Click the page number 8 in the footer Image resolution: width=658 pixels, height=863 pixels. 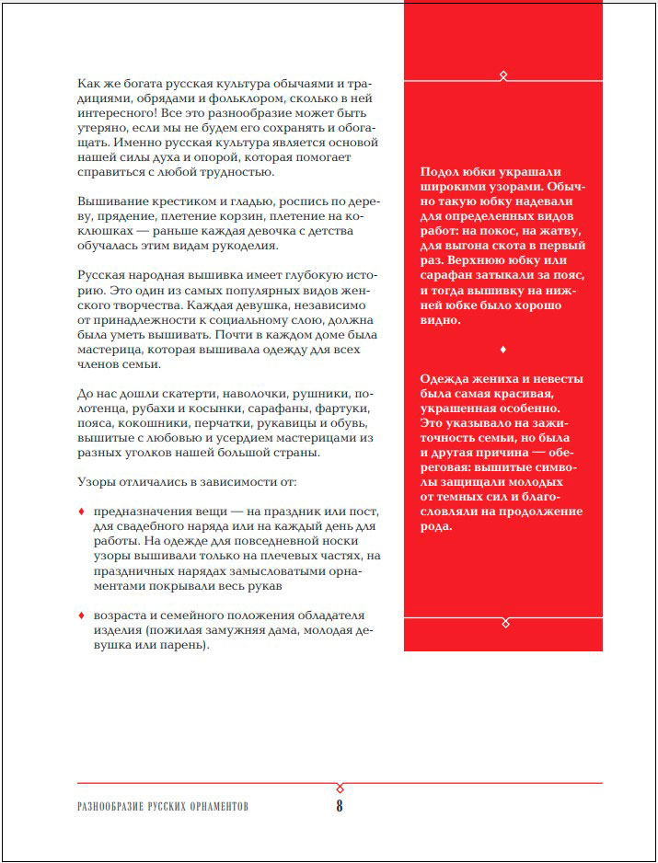point(339,806)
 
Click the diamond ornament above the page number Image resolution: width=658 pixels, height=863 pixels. point(340,788)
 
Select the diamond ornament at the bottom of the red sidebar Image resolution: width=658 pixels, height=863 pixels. point(503,623)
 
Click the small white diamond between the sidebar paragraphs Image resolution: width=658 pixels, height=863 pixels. point(502,350)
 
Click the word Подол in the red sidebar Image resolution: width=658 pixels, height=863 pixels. point(438,171)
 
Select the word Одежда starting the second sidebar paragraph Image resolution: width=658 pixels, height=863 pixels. point(444,378)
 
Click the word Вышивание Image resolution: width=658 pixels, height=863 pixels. point(112,201)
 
